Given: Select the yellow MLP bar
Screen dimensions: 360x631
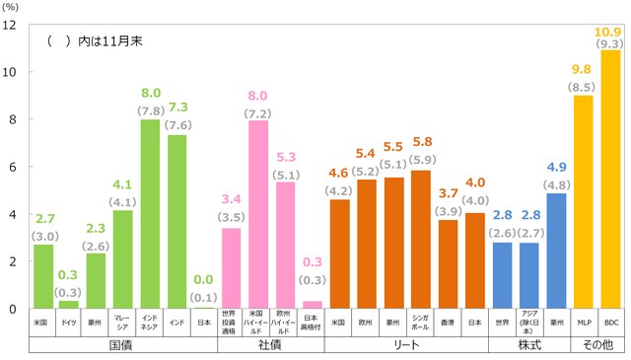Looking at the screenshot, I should (584, 201).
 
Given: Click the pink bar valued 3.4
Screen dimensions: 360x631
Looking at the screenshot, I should (232, 267).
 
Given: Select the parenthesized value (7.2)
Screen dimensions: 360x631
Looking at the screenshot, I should (258, 114).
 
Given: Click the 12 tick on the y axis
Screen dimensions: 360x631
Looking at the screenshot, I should (11, 25).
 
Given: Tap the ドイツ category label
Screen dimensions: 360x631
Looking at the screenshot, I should (70, 323).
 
